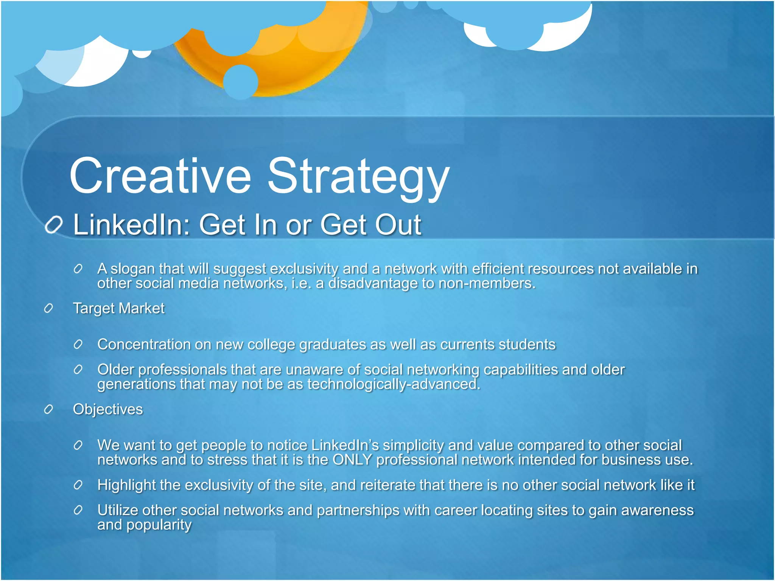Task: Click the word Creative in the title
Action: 160,176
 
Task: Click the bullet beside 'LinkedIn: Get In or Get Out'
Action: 53,225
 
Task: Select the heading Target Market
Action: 118,308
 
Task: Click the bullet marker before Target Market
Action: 48,308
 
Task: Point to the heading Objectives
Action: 108,409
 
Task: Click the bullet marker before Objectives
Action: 48,409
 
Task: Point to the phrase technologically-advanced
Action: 394,384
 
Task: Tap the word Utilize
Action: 118,510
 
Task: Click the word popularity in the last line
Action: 159,525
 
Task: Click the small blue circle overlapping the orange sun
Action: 240,82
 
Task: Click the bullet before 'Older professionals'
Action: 78,370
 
